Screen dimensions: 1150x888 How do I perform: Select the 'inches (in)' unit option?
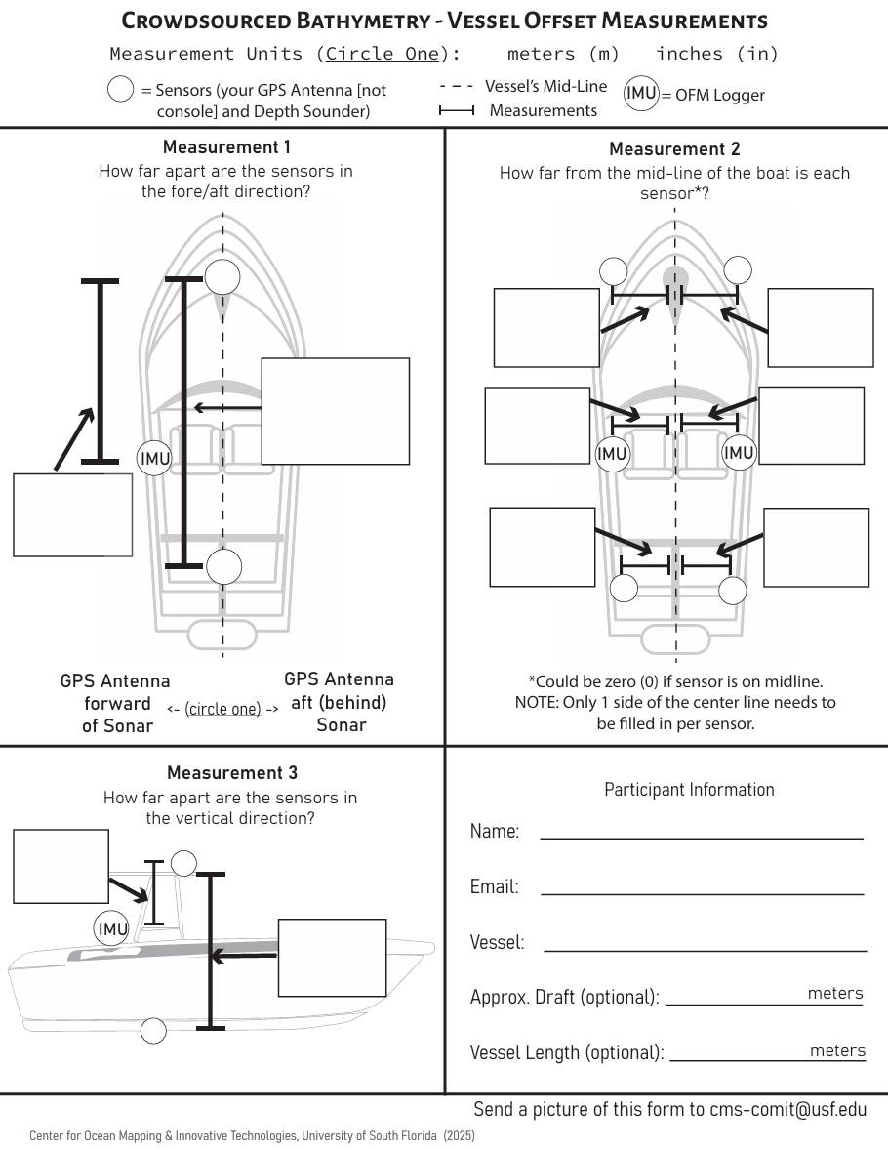717,54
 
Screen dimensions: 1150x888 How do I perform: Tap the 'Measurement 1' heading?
226,147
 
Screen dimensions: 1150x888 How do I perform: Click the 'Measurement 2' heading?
674,149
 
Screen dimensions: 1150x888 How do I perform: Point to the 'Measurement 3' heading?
231,773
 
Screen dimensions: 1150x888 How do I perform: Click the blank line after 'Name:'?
702,837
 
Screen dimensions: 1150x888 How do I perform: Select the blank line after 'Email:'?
702,892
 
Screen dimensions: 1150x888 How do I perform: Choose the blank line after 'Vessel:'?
705,948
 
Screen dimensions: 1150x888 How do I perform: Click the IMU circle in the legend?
641,94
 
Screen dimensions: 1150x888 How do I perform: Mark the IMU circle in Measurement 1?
154,458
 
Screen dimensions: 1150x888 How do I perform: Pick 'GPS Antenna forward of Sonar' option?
114,703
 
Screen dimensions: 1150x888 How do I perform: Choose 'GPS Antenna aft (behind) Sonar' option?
340,702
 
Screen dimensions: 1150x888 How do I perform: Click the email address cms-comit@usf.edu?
787,1109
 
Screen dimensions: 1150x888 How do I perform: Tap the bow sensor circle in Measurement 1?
222,277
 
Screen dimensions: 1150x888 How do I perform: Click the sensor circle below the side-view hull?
153,1030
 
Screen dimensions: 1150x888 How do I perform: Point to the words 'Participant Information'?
689,790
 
